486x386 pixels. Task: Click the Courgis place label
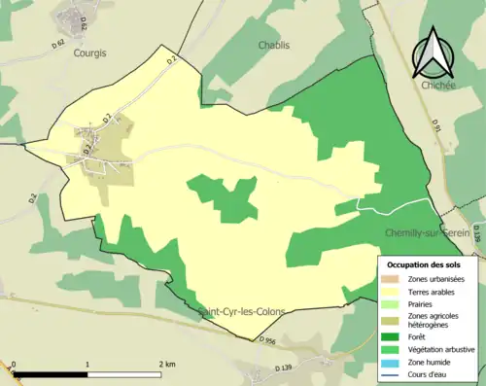click(x=89, y=54)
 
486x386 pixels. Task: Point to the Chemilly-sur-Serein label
click(x=428, y=233)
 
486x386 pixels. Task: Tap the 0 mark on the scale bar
click(x=14, y=364)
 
